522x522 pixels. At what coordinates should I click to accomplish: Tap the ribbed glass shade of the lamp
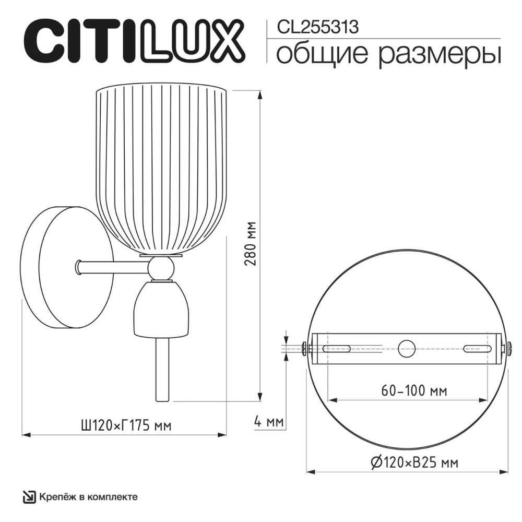coord(162,167)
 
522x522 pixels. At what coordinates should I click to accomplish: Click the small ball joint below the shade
coord(159,269)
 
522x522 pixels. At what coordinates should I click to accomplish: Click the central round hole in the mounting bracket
coord(406,348)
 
